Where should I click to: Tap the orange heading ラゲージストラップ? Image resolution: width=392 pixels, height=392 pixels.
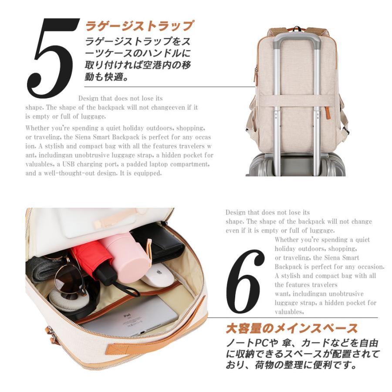coord(139,26)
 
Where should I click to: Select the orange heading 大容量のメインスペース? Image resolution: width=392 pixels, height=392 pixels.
coord(291,328)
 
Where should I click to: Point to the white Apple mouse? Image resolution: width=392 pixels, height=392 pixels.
coord(159,276)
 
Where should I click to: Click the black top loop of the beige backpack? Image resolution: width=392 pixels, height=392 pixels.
coord(297,28)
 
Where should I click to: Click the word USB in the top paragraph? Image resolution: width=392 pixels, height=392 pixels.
coord(68,164)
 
